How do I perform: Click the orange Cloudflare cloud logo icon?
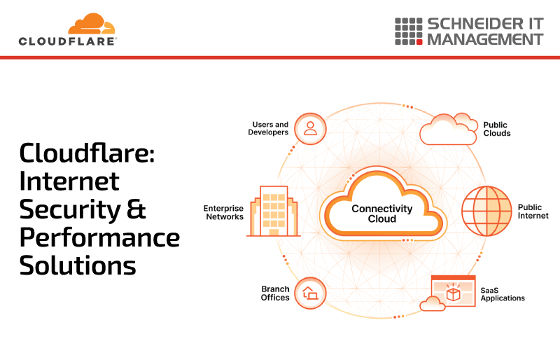[92, 24]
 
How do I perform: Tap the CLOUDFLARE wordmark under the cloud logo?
[68, 41]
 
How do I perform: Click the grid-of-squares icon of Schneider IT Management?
[409, 32]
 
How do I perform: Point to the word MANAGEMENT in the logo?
[485, 39]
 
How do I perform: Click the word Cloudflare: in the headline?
[87, 153]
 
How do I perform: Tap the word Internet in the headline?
[69, 181]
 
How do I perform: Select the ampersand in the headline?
[136, 209]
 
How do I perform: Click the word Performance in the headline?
[99, 237]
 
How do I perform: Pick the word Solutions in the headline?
[78, 265]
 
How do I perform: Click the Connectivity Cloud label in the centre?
[381, 214]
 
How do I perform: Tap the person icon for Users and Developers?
[310, 129]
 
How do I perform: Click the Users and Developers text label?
[268, 128]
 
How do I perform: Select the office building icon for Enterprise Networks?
[274, 211]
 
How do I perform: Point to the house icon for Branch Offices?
[310, 293]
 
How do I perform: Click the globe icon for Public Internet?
[486, 211]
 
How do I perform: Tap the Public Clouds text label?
[497, 129]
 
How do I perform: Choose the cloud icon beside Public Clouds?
[449, 129]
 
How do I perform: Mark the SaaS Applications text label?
[503, 294]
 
